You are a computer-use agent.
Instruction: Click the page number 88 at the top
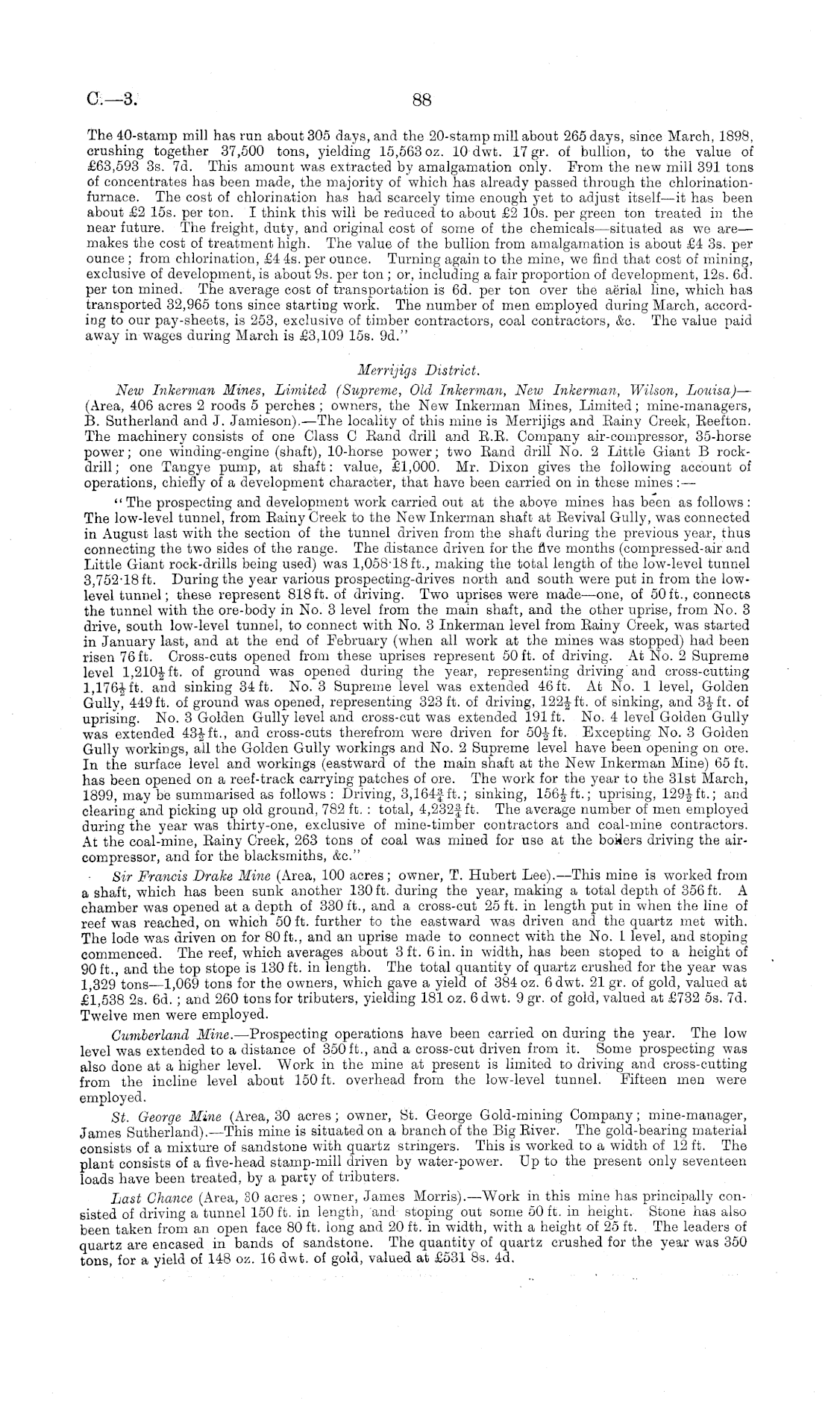(421, 100)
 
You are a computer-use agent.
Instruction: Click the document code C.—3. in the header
(112, 99)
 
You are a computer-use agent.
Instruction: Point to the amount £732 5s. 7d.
(691, 1000)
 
